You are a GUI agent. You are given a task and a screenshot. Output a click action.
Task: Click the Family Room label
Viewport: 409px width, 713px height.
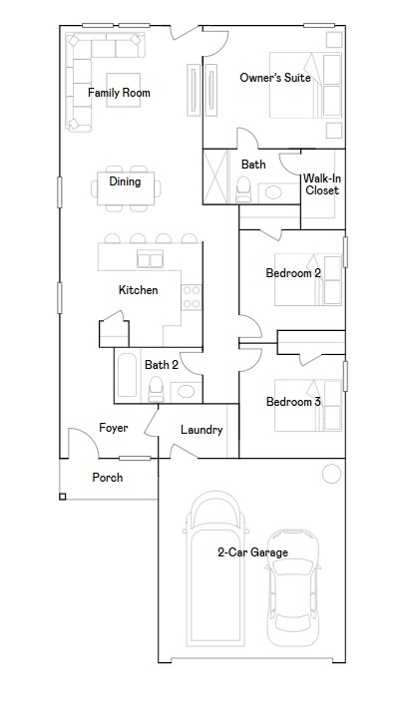[119, 93]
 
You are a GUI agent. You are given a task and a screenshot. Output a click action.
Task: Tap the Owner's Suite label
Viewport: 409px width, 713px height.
[275, 77]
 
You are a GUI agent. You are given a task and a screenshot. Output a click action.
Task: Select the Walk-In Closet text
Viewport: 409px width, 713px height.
[322, 183]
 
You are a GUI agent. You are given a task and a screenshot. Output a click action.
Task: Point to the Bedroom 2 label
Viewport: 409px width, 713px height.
[293, 272]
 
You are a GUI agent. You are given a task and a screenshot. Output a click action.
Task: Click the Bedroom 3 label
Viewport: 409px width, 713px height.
[293, 402]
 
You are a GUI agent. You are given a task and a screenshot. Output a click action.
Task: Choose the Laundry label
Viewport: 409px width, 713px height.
[202, 430]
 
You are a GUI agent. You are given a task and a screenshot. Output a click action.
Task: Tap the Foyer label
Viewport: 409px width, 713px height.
[113, 428]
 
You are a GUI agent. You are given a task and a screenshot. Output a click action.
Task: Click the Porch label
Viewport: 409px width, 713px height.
[108, 478]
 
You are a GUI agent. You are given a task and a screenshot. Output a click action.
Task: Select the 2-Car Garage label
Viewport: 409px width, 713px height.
[253, 551]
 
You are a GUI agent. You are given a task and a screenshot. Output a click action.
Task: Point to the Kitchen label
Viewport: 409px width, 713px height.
[138, 290]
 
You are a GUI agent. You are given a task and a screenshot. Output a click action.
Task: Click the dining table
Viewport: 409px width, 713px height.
[126, 186]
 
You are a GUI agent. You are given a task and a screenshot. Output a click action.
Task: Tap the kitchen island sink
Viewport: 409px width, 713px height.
[151, 260]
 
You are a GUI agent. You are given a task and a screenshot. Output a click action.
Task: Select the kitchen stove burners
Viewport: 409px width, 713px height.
[191, 296]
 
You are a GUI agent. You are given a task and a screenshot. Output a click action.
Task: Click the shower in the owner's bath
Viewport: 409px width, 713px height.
[218, 177]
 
